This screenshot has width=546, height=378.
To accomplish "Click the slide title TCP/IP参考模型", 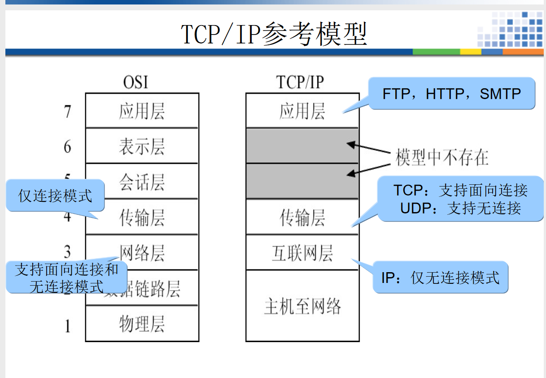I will (x=274, y=34).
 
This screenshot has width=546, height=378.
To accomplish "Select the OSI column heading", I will (x=135, y=83).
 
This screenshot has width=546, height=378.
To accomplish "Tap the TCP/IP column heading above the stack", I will (x=300, y=83).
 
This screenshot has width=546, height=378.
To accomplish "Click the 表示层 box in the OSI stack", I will (x=142, y=146).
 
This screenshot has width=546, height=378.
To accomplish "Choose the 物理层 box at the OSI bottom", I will (x=142, y=324).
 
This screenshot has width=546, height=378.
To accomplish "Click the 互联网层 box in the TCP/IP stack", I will (x=302, y=253).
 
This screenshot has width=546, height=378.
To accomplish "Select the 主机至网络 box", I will (x=302, y=306).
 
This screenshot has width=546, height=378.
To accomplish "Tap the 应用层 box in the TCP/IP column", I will (x=302, y=111).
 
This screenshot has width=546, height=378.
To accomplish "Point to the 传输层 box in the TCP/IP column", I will (x=302, y=217).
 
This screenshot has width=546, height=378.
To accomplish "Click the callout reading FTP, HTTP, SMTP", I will (x=452, y=94).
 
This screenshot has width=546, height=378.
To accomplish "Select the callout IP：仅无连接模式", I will (x=440, y=278).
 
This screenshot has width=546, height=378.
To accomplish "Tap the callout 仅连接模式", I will (x=55, y=196).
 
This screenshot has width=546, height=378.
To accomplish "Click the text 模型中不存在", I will (x=442, y=157).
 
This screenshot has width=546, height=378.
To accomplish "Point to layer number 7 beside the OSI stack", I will (x=67, y=111).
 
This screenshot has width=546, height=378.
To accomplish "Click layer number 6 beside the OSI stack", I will (x=67, y=147).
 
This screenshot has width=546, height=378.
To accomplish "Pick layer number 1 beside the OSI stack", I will (x=67, y=325).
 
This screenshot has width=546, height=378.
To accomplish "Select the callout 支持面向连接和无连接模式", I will (x=66, y=278).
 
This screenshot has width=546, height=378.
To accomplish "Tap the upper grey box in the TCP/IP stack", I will (x=302, y=145).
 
